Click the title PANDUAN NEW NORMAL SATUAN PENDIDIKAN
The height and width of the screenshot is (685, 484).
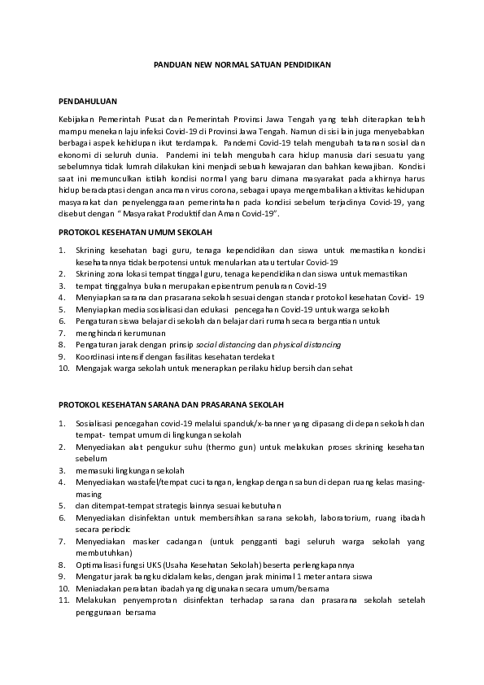pyautogui.click(x=242, y=63)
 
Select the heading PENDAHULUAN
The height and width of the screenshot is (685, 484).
pyautogui.click(x=89, y=102)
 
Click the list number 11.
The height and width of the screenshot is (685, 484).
pyautogui.click(x=63, y=599)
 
